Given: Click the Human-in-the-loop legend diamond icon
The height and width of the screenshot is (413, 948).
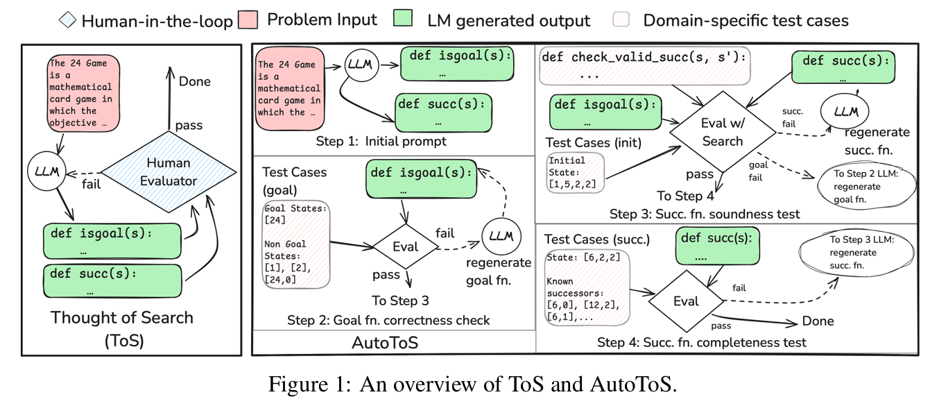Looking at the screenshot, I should click(x=68, y=21).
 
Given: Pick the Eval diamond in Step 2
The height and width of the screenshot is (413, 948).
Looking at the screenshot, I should click(x=406, y=246).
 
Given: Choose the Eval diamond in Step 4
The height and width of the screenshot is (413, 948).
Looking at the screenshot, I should click(x=686, y=301).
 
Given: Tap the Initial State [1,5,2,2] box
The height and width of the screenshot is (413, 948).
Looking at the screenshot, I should click(x=574, y=172).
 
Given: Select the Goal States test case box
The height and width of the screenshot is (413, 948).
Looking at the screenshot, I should click(x=296, y=244).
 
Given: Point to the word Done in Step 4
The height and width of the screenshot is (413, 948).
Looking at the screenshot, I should click(x=818, y=321).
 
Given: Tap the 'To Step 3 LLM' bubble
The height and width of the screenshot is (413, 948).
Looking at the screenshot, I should click(x=857, y=252).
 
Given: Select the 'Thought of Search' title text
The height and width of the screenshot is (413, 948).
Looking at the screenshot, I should click(x=122, y=318).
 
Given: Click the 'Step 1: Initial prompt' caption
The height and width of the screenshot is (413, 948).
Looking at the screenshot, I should click(x=381, y=142).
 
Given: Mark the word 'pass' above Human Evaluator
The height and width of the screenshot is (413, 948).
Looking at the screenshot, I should click(x=189, y=126).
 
